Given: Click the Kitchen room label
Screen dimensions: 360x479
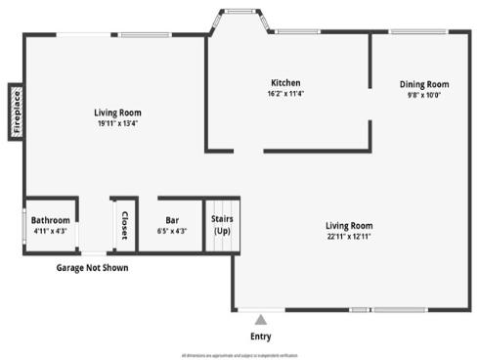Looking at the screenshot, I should coord(285,83).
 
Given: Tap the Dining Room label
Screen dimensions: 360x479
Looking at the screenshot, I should coord(424,84).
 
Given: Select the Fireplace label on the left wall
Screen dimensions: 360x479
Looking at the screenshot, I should coord(17,111).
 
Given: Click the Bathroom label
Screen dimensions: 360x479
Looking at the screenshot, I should coord(50,220).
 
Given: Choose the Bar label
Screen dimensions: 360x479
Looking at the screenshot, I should coord(172,220).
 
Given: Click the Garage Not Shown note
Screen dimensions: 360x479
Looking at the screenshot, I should coord(92,267).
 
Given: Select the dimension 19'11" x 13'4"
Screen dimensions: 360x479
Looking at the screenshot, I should coord(117,123).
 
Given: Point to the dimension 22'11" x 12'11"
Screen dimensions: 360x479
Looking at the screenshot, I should coord(349,236).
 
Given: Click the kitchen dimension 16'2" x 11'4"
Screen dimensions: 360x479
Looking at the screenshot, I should coord(285,94).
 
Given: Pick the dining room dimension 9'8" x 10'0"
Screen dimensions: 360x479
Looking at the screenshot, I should coord(424,95).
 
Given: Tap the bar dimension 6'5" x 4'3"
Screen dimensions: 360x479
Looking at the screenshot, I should coord(172,231).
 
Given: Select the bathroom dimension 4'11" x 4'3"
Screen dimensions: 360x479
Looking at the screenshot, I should coord(49,231).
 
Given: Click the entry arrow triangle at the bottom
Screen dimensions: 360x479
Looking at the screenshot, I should coord(259,318).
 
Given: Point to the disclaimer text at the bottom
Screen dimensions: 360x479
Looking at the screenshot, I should coord(239,355).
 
